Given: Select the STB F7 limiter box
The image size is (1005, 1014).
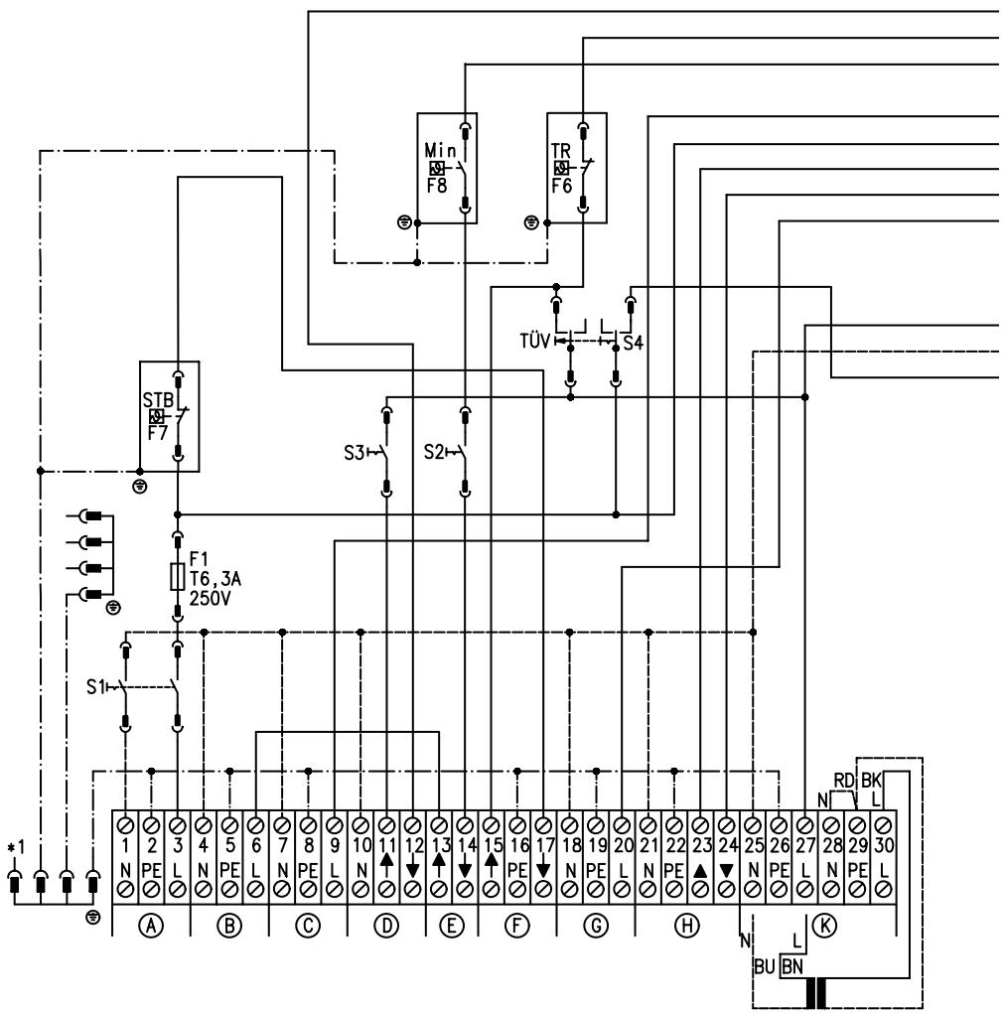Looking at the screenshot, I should pos(171,416).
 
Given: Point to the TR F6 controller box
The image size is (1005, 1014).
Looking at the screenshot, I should pos(577,167).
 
